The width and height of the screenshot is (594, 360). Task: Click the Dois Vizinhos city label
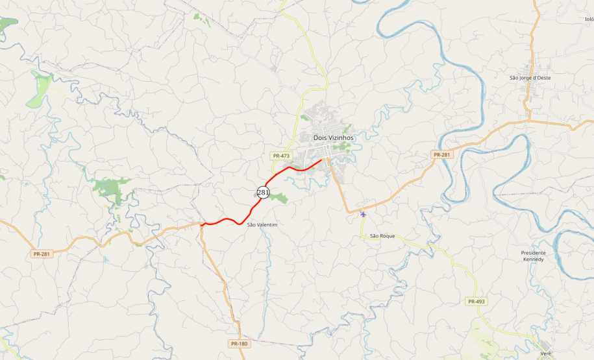tap(334, 138)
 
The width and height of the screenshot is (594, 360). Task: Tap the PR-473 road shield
tap(281, 156)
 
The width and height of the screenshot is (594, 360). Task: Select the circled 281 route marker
tap(263, 193)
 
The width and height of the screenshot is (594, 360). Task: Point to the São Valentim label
tap(262, 224)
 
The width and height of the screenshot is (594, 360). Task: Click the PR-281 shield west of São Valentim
tap(41, 254)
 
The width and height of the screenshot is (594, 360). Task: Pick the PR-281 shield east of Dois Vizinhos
tap(441, 154)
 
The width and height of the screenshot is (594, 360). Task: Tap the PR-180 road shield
tap(239, 343)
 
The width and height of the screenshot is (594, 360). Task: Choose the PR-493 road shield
tap(476, 302)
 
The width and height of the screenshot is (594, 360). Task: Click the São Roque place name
tap(382, 236)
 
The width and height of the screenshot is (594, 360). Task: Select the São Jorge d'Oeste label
tap(530, 78)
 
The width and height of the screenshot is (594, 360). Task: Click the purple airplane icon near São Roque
tap(363, 214)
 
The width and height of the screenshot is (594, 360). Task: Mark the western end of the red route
tap(203, 225)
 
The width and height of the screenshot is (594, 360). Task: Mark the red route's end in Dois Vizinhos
tap(322, 160)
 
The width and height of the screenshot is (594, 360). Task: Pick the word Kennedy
tap(534, 259)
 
